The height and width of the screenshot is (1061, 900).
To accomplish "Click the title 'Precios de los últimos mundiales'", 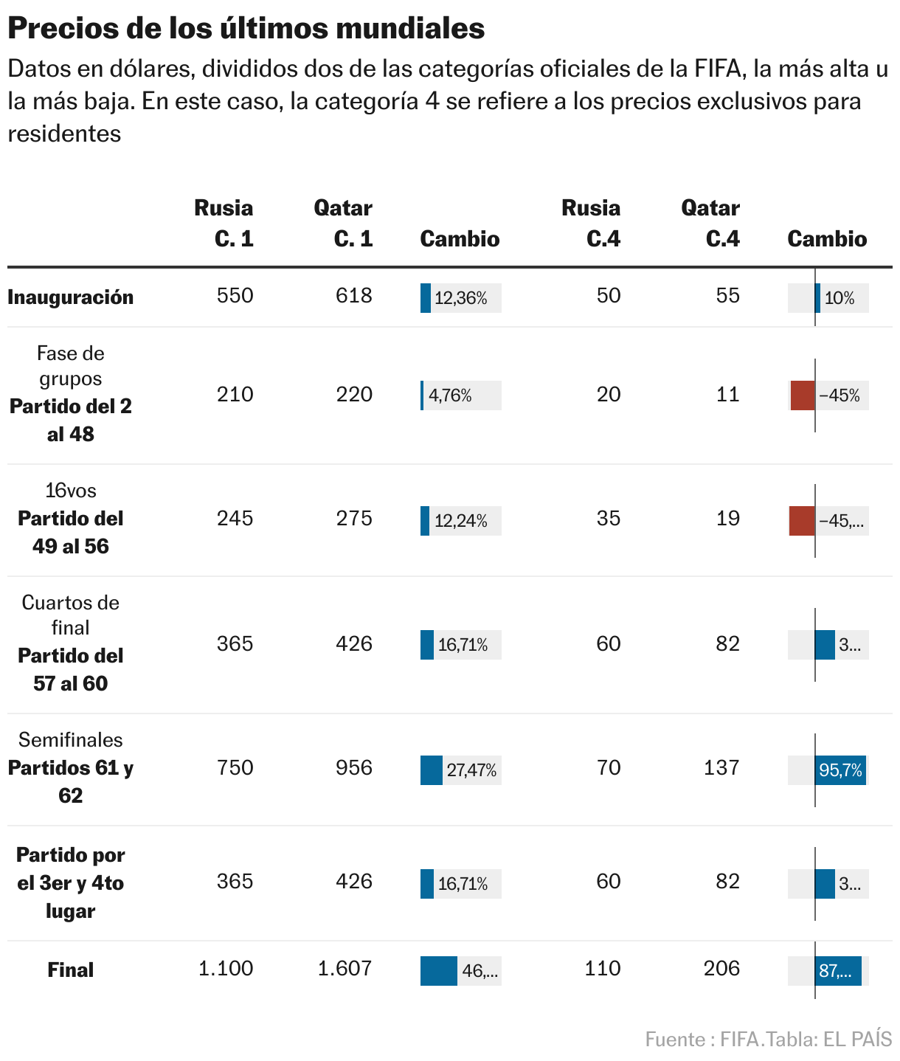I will click(246, 28).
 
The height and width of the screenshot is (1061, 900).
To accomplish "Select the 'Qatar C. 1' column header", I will click(343, 223).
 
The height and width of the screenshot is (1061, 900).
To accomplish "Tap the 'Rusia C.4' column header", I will click(591, 223).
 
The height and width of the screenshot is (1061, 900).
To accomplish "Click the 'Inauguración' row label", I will click(71, 297).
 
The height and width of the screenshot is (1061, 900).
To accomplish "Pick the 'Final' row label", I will click(71, 970).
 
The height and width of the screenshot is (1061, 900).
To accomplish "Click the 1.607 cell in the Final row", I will click(345, 968).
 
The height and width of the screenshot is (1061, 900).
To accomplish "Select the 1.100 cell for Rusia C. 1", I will click(226, 968).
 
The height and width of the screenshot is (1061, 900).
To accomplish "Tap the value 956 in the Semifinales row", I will click(354, 768).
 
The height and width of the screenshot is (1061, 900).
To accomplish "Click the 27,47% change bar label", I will click(471, 771).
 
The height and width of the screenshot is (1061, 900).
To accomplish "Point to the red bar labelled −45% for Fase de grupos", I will click(803, 395).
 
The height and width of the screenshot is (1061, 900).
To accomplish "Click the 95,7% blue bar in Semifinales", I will click(840, 770).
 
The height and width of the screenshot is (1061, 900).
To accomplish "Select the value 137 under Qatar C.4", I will click(721, 768).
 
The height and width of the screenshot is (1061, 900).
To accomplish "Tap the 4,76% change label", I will click(450, 395).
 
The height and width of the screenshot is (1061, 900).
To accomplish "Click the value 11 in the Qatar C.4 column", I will click(728, 395).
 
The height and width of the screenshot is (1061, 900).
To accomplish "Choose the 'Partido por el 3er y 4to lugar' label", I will click(71, 882).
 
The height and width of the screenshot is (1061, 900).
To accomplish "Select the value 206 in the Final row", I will click(721, 968).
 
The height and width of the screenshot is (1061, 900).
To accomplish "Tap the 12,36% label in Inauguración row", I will click(461, 298).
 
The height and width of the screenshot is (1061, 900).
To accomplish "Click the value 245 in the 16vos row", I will click(235, 519).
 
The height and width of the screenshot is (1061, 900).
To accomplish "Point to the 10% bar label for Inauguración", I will click(840, 298).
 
